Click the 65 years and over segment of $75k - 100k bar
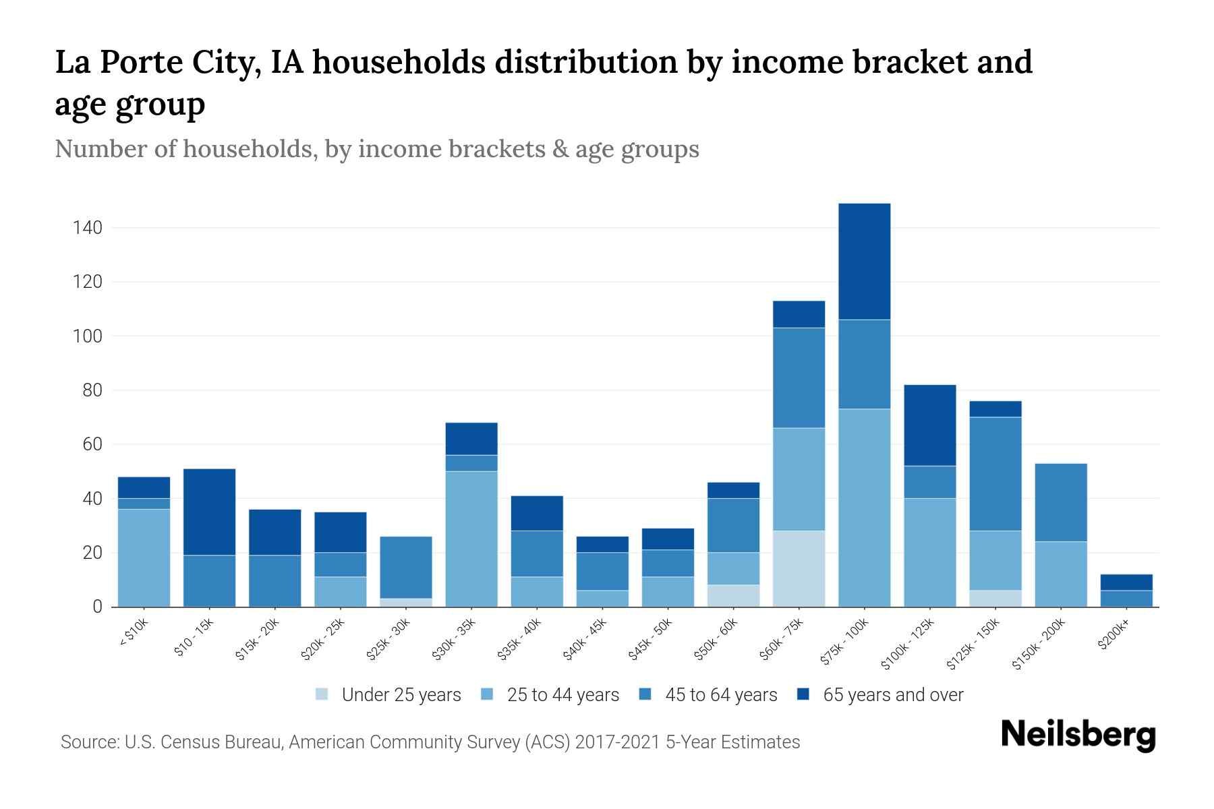click(864, 262)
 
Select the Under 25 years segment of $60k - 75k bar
click(799, 568)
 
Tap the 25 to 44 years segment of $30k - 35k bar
click(471, 539)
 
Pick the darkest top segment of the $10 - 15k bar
click(209, 512)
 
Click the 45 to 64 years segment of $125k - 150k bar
click(995, 474)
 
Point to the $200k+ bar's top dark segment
click(1126, 582)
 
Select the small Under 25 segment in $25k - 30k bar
click(406, 602)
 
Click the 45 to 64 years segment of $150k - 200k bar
click(1060, 502)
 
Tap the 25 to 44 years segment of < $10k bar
click(144, 558)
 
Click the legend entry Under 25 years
click(401, 695)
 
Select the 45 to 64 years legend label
click(721, 695)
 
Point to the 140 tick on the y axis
click(88, 228)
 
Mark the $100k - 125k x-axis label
click(908, 645)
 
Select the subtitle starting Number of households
click(376, 149)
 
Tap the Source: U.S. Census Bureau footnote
click(430, 742)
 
